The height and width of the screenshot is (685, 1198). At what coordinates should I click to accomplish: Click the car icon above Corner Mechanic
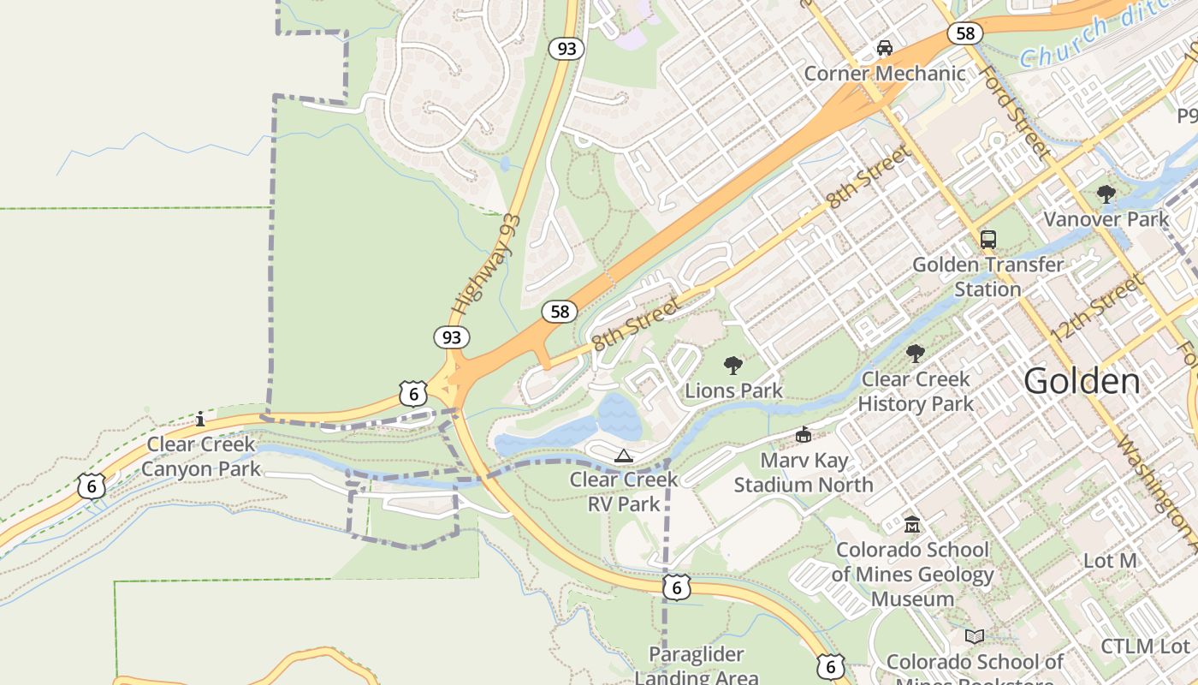[885, 48]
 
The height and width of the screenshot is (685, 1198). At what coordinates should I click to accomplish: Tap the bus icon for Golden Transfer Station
[987, 240]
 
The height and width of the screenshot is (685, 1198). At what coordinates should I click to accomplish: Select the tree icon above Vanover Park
[1106, 194]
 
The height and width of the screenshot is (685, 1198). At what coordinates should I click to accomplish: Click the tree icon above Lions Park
[732, 366]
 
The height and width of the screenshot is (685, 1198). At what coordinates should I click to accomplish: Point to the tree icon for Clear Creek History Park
[915, 354]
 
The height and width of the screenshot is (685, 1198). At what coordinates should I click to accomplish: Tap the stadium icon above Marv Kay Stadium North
[803, 435]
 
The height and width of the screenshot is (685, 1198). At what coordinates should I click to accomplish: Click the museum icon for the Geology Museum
[912, 524]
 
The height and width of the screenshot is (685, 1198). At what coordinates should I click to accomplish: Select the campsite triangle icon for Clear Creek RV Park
[623, 455]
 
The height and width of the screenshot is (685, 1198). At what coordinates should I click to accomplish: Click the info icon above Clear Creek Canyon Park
[200, 419]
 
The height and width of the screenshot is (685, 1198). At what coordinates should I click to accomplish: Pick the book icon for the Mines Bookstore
[974, 636]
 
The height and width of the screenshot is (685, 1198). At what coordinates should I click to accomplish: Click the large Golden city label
[1082, 381]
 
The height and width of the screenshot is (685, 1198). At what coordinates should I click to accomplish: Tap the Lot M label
[1110, 561]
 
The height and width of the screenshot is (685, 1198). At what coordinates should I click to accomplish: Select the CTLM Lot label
[1145, 646]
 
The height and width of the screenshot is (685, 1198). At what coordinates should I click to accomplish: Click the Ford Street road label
[1015, 112]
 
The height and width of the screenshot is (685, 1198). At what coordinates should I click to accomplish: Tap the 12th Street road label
[1099, 307]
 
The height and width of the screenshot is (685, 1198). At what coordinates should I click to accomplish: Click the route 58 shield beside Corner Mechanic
[964, 33]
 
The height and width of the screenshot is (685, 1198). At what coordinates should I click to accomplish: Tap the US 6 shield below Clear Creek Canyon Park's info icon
[91, 486]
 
